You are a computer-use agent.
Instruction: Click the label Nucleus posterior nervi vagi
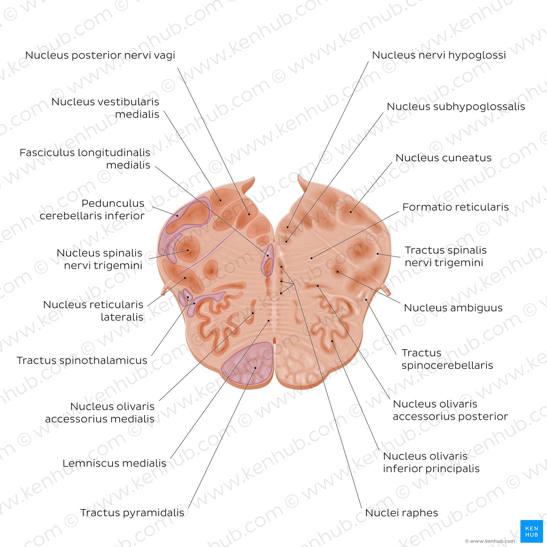point(100,55)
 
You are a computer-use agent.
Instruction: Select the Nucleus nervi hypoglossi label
point(439,55)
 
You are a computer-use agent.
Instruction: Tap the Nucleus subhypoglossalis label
point(456,106)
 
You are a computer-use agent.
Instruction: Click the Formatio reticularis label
point(455,207)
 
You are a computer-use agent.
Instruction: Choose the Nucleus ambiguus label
point(453,307)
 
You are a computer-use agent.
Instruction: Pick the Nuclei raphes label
point(401,513)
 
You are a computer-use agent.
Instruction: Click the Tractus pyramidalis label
point(132,513)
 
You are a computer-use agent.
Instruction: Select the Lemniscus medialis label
point(114,463)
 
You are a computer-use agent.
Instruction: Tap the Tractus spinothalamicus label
point(82,360)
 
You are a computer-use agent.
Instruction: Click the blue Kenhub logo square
point(532,531)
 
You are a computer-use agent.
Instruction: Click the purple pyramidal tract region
point(248,364)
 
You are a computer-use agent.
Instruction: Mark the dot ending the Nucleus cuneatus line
point(351,212)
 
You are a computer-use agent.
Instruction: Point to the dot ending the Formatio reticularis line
point(311,258)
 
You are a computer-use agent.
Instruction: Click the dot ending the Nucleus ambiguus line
point(338,272)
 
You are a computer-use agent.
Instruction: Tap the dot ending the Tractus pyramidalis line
point(255,368)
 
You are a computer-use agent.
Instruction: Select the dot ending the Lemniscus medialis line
point(268,321)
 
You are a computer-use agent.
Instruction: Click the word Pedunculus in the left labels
point(113,204)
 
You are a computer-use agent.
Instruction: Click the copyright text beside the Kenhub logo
point(490,541)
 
